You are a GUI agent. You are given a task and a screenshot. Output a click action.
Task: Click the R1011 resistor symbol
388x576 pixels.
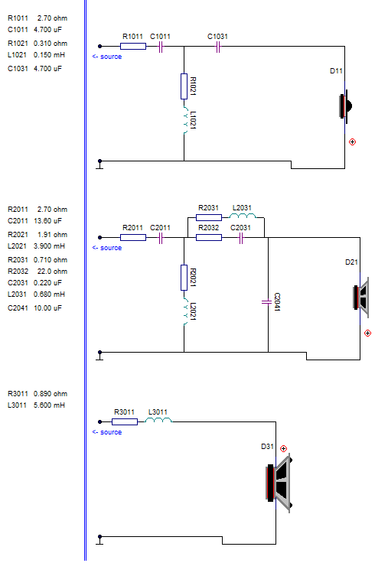pyautogui.click(x=133, y=47)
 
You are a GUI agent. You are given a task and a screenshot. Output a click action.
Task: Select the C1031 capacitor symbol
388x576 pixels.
pyautogui.click(x=218, y=47)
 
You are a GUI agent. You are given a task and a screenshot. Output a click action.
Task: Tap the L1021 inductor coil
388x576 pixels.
pyautogui.click(x=185, y=120)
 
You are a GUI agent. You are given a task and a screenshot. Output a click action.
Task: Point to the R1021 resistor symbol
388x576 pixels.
pyautogui.click(x=184, y=86)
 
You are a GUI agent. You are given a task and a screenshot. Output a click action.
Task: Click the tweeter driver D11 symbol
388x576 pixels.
pyautogui.click(x=345, y=106)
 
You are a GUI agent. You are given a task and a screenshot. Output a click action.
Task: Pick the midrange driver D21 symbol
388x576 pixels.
pyautogui.click(x=360, y=298)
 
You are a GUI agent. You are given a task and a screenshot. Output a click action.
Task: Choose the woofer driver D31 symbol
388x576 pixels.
pyautogui.click(x=279, y=483)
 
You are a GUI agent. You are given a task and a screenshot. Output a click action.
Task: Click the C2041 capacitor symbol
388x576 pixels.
pyautogui.click(x=267, y=302)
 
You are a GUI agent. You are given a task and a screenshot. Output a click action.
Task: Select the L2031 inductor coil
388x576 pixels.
pyautogui.click(x=243, y=216)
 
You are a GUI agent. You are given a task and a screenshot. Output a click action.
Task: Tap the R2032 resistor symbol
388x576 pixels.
pyautogui.click(x=209, y=238)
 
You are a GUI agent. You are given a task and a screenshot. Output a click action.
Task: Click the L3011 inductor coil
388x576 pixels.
pyautogui.click(x=158, y=420)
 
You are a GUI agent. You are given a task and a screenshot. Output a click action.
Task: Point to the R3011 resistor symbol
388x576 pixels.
pyautogui.click(x=125, y=421)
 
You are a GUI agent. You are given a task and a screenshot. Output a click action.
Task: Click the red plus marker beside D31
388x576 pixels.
pyautogui.click(x=283, y=448)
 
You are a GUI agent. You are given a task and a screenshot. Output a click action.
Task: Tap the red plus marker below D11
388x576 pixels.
pyautogui.click(x=352, y=142)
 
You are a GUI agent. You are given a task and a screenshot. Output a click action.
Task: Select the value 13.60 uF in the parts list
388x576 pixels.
pyautogui.click(x=47, y=221)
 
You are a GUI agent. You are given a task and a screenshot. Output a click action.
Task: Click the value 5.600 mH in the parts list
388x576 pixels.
pyautogui.click(x=49, y=405)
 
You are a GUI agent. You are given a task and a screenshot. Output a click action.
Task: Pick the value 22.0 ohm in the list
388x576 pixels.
pyautogui.click(x=52, y=272)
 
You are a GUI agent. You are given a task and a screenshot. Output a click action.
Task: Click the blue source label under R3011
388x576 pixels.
pyautogui.click(x=107, y=432)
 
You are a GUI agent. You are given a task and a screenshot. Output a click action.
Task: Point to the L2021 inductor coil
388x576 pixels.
pyautogui.click(x=185, y=311)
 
